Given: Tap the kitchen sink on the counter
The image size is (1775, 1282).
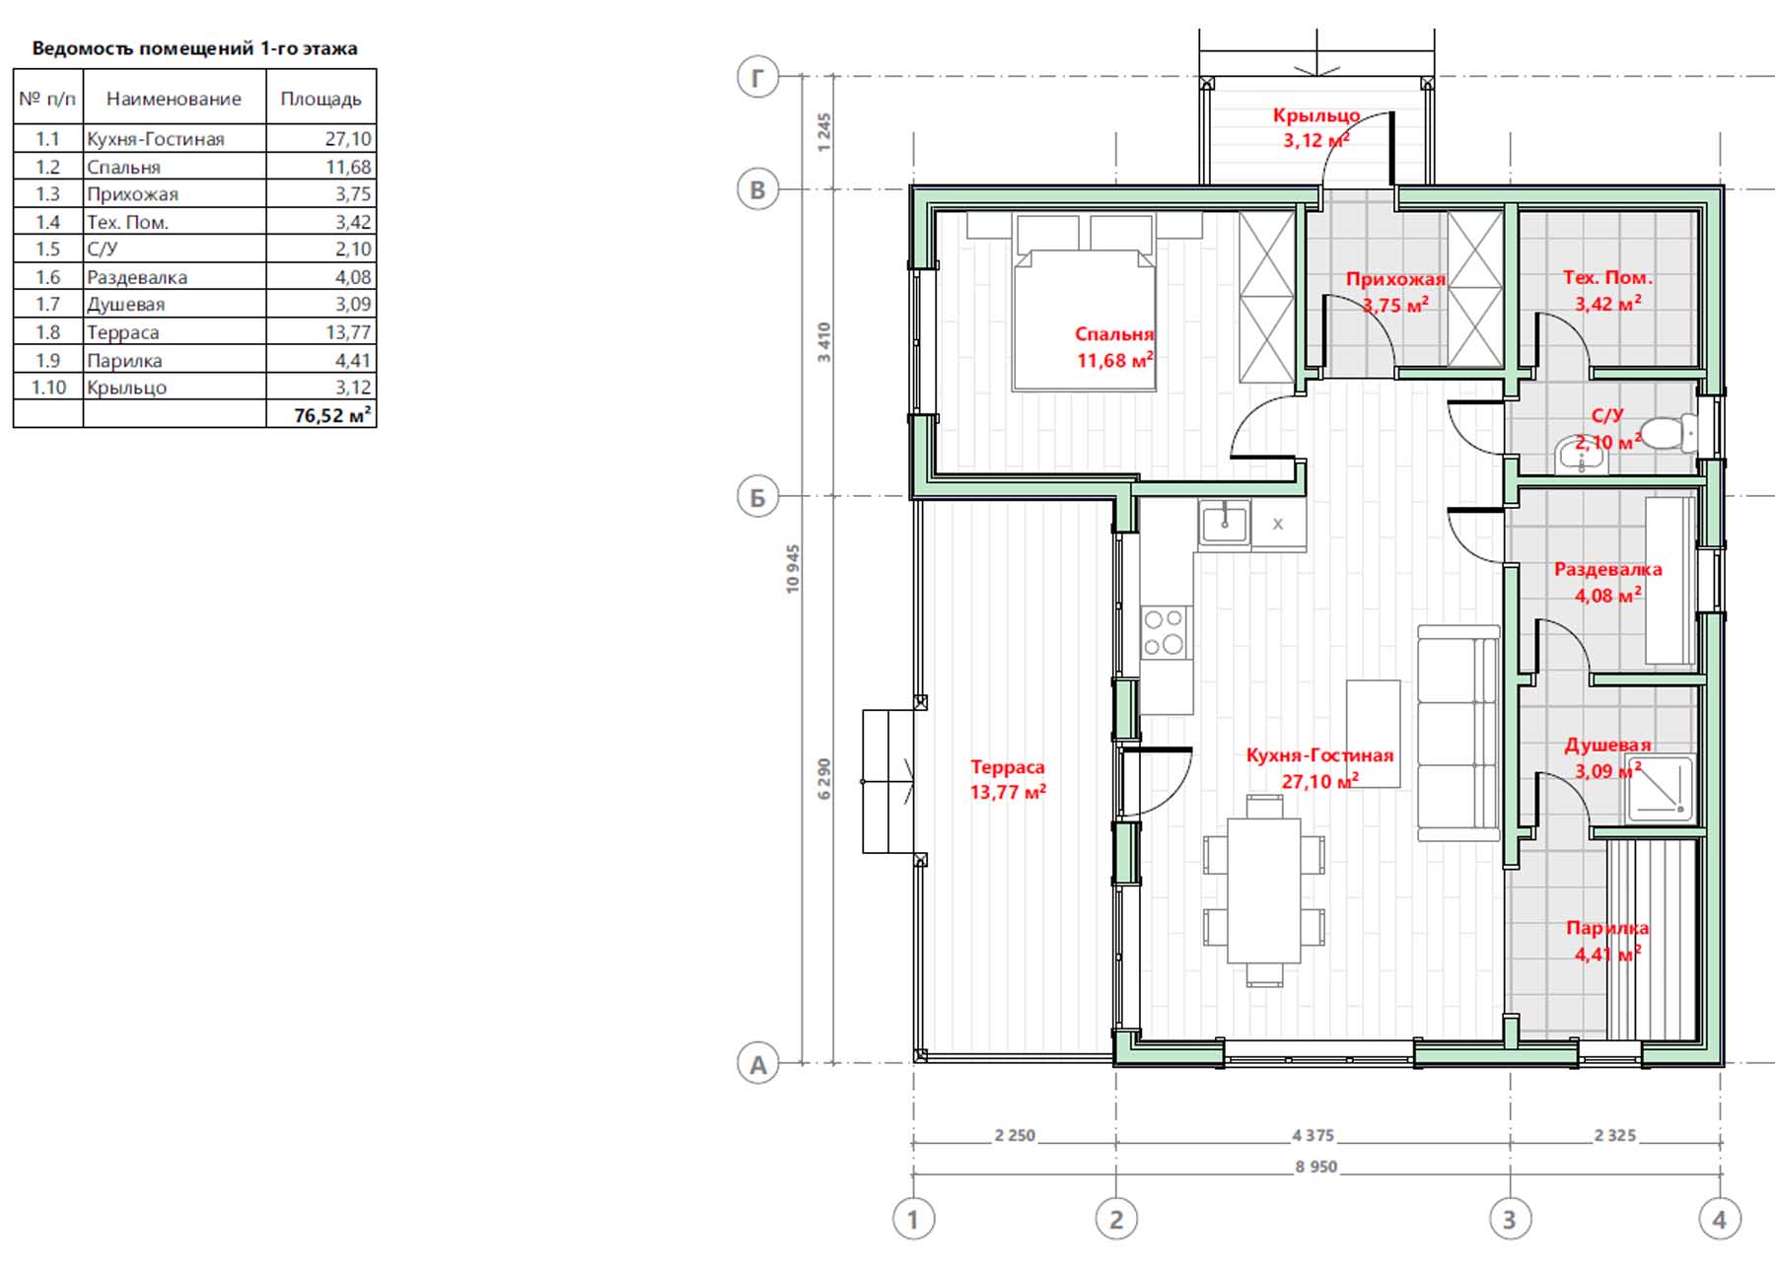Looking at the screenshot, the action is coord(1225,523).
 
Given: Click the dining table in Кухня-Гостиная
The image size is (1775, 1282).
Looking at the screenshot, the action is coord(1264,890).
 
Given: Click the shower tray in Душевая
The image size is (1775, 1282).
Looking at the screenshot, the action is coord(1659,788).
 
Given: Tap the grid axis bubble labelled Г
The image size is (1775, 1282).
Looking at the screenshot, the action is coord(757,77).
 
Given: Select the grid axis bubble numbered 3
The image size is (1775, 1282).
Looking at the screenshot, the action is coord(1509,1219).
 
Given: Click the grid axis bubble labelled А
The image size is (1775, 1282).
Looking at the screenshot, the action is coord(757,1065).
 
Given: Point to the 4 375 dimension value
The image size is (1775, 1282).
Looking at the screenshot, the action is coord(1313,1135).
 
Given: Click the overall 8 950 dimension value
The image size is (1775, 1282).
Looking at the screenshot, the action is coord(1316,1167).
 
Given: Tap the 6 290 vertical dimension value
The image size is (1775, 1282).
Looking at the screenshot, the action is coord(824,778).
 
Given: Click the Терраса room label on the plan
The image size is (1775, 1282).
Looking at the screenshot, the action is coord(1007,766).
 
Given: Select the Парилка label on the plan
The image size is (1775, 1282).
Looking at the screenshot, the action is coord(1607,928).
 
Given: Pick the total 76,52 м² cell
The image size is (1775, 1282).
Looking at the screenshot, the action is coord(332,415).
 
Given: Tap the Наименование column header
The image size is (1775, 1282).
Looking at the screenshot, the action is coord(174,99).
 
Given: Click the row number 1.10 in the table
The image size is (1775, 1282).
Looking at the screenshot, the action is coord(48,388).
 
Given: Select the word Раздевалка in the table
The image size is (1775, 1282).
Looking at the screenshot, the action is coord(137,277).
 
